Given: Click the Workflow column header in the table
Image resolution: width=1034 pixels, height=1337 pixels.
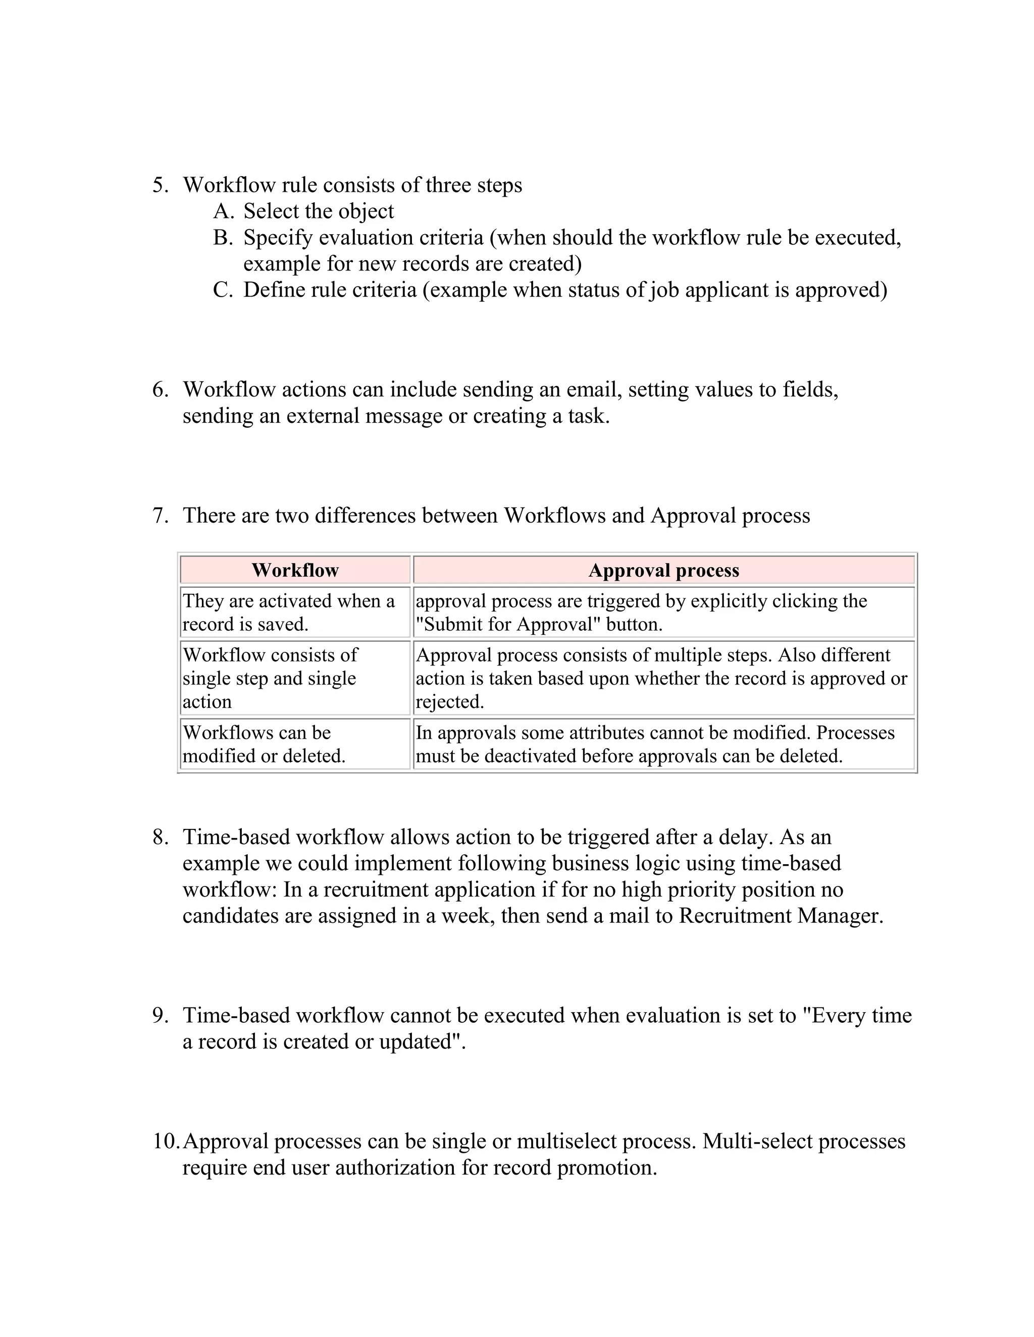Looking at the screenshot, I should point(295,570).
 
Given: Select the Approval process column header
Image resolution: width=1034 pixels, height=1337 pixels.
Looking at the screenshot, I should point(663,570).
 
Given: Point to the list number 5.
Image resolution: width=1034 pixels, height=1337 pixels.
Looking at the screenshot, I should point(161,185).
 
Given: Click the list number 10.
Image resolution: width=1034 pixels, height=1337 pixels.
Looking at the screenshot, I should point(166,1141).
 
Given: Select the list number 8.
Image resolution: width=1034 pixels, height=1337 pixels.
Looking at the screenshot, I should point(161,837).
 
